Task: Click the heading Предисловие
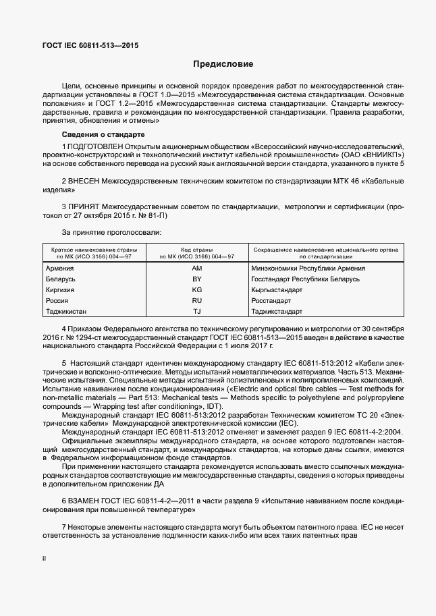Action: (x=223, y=65)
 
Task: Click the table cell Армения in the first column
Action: (x=59, y=269)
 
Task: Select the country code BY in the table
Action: (x=197, y=279)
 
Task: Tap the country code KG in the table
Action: (x=197, y=289)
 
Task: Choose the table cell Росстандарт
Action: (x=271, y=300)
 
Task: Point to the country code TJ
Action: (x=197, y=311)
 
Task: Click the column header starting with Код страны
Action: (x=197, y=253)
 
